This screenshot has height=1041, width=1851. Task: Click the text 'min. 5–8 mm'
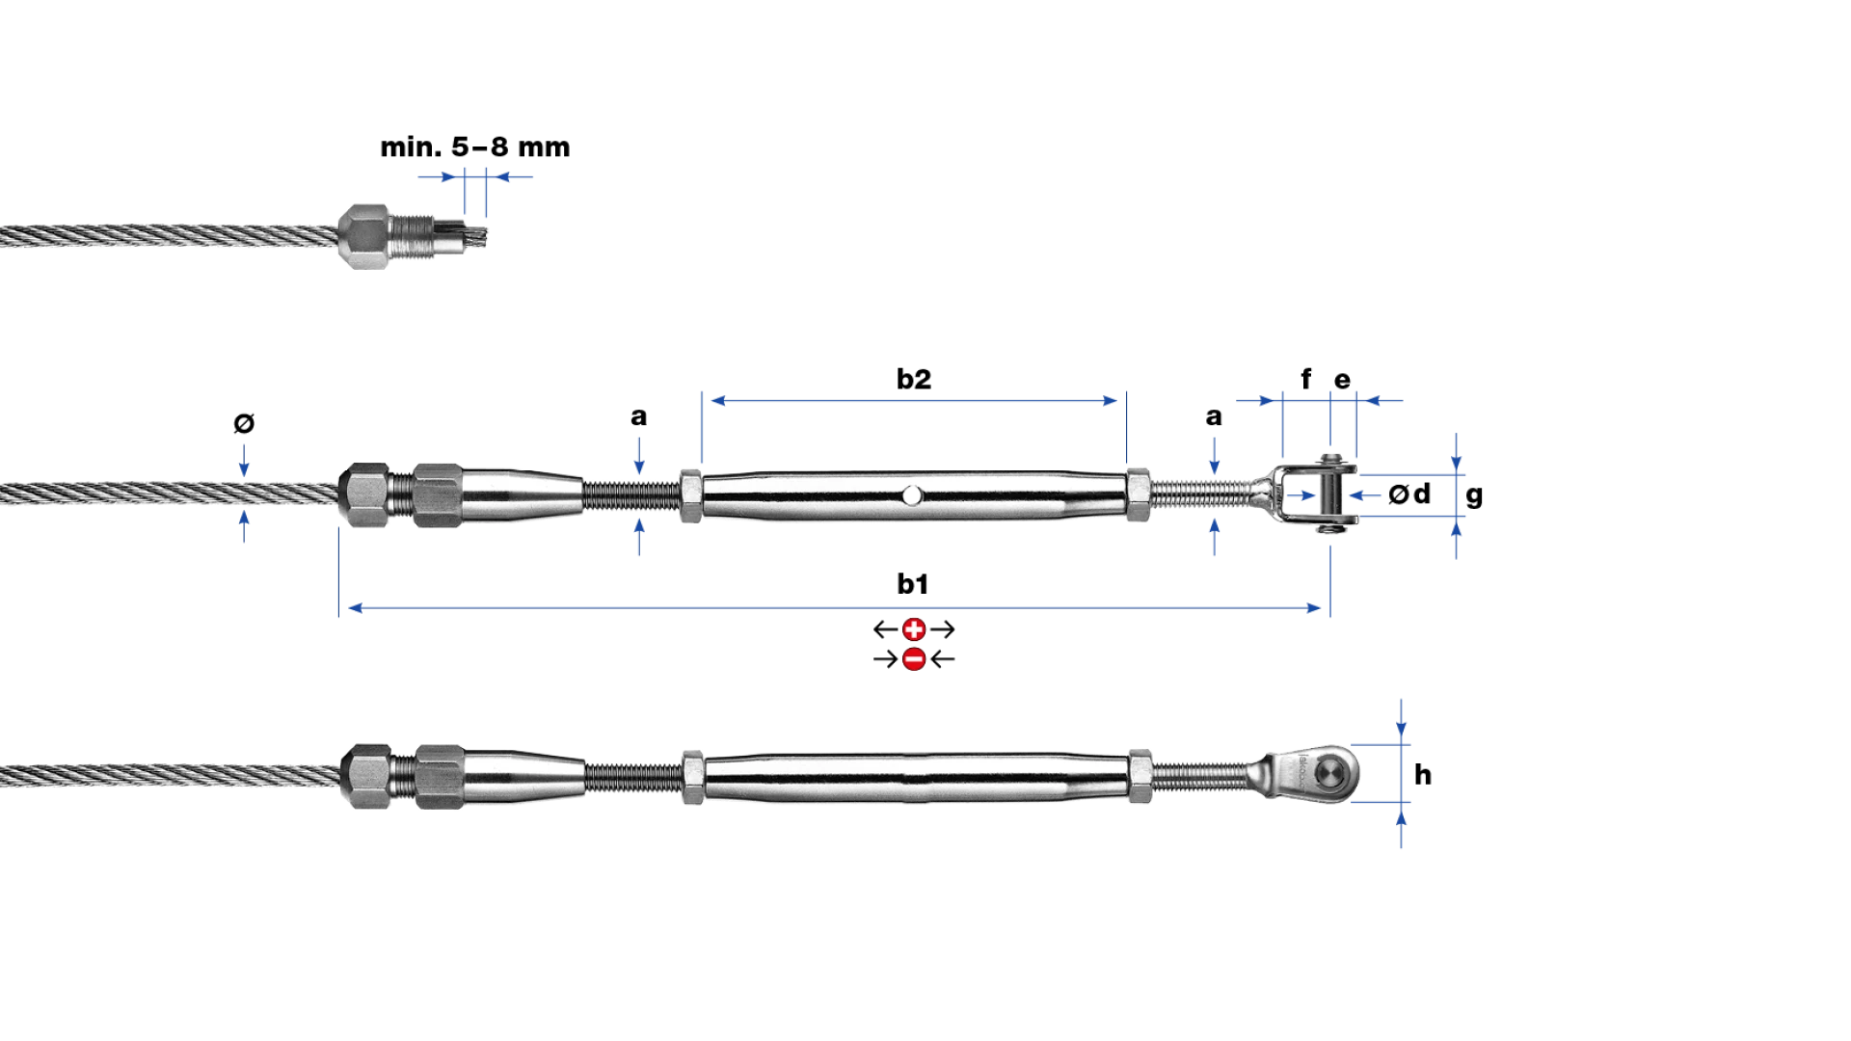pyautogui.click(x=475, y=147)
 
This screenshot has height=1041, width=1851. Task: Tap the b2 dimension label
pyautogui.click(x=914, y=379)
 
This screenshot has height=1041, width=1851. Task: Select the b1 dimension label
pyautogui.click(x=913, y=583)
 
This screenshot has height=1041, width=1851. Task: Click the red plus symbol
pyautogui.click(x=914, y=629)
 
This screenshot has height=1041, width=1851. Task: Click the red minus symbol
pyautogui.click(x=914, y=659)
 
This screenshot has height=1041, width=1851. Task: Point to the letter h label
pyautogui.click(x=1423, y=774)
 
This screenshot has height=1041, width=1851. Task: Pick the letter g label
pyautogui.click(x=1474, y=496)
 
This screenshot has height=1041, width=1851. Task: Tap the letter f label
pyautogui.click(x=1306, y=379)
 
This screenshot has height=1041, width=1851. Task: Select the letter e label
pyautogui.click(x=1342, y=381)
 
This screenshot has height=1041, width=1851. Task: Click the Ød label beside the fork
pyautogui.click(x=1409, y=494)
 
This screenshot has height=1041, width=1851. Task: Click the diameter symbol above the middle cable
pyautogui.click(x=244, y=423)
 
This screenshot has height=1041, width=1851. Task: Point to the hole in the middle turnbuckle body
pyautogui.click(x=911, y=495)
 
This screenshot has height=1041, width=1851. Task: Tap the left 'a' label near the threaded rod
pyautogui.click(x=638, y=417)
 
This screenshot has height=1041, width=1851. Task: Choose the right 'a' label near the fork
pyautogui.click(x=1214, y=417)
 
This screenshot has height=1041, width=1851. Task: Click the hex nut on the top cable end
pyautogui.click(x=363, y=236)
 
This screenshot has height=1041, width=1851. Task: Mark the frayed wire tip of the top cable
pyautogui.click(x=472, y=236)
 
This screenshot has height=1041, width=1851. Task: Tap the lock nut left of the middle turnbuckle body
pyautogui.click(x=690, y=495)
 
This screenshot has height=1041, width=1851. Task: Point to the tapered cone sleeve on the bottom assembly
pyautogui.click(x=523, y=776)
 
